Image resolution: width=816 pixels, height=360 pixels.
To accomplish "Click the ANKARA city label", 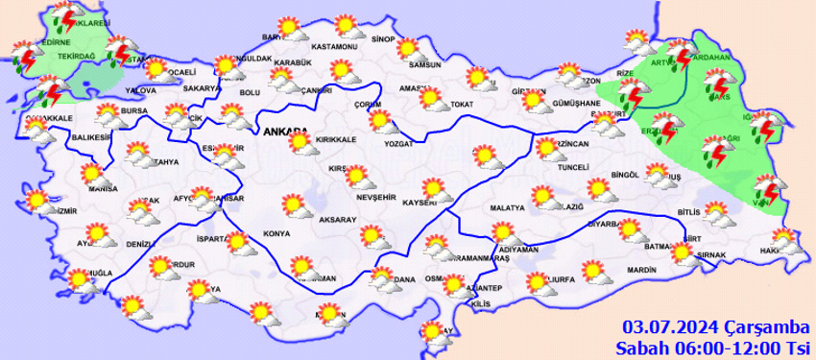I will click(284, 132).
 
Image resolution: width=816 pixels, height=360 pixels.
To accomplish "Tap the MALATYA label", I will click(507, 207).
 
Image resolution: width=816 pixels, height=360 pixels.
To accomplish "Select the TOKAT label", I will click(463, 104).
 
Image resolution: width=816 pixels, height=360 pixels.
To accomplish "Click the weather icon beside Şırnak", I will click(683, 252).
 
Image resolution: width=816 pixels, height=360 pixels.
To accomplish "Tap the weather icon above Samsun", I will click(408, 48).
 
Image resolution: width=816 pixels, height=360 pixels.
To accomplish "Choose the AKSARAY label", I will click(338, 221).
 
